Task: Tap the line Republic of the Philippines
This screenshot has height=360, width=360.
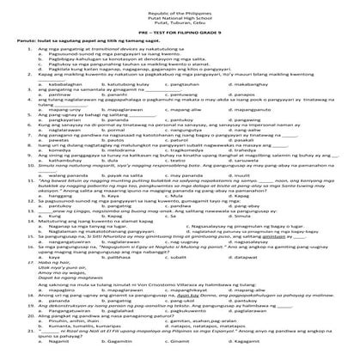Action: pos(180,7)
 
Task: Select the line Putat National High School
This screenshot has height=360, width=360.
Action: pos(180,13)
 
